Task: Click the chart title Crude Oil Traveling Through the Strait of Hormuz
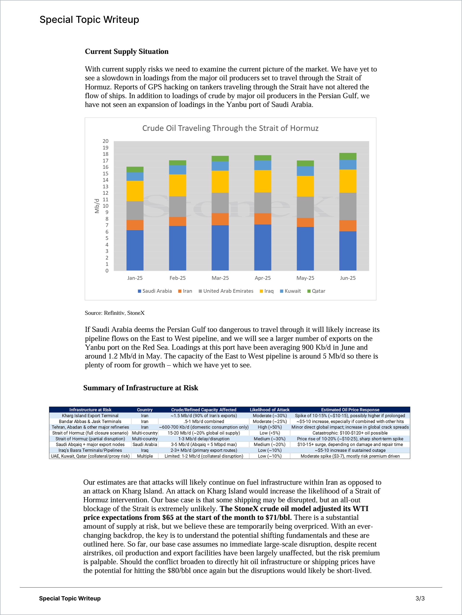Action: click(230, 128)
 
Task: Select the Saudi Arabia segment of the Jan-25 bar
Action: click(135, 250)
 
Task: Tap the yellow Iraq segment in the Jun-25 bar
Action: click(347, 181)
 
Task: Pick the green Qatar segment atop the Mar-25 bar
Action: click(220, 158)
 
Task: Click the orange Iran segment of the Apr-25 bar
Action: click(263, 219)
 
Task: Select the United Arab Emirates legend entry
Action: click(226, 291)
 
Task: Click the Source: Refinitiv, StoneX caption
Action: click(115, 313)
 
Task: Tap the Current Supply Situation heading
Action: click(127, 52)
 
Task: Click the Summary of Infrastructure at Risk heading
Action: click(141, 388)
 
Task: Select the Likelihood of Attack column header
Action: click(269, 410)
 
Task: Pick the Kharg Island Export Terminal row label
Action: click(90, 416)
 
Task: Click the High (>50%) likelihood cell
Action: click(269, 427)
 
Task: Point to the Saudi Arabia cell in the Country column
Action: click(145, 445)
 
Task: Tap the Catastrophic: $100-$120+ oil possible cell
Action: click(350, 433)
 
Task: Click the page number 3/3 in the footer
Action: click(420, 599)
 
